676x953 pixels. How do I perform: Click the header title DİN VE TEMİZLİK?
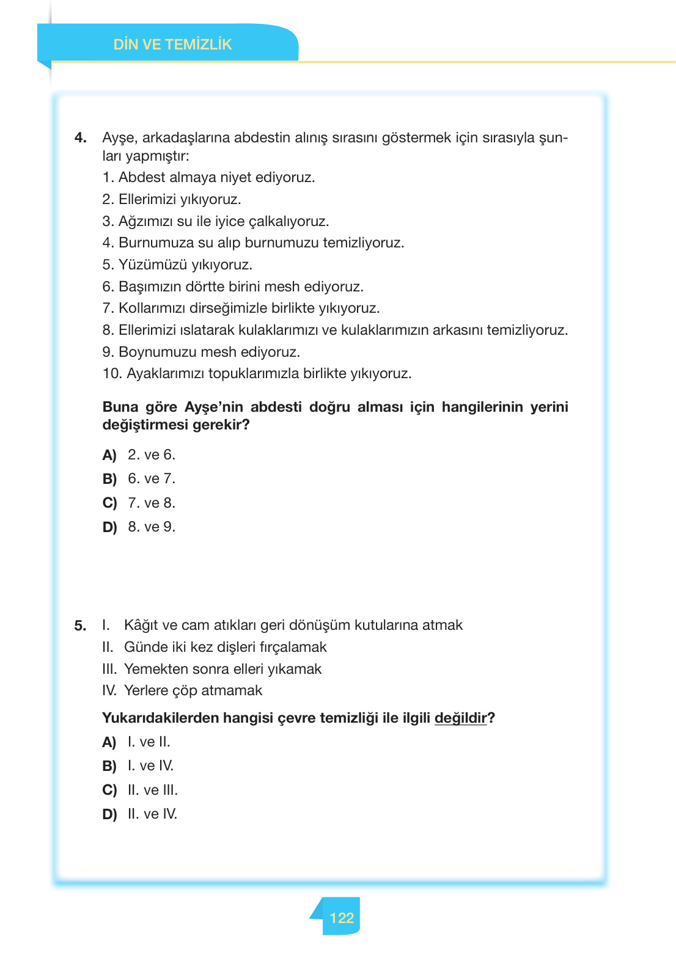point(172,45)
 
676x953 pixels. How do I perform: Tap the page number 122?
point(341,918)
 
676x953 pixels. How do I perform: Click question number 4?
point(81,137)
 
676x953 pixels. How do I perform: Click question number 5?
point(80,626)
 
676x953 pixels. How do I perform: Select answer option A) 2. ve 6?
point(139,455)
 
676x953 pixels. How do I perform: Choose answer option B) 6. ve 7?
point(139,479)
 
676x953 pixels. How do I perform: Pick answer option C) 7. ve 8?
point(139,503)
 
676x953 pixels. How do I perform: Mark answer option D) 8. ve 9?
point(139,527)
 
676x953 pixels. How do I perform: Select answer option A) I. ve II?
point(136,742)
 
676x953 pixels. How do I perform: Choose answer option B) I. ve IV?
point(138,766)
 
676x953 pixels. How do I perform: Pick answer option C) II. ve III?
point(140,790)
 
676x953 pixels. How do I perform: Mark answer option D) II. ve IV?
point(140,814)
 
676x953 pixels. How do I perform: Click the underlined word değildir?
point(460,718)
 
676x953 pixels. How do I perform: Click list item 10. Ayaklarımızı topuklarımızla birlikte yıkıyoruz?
point(257,373)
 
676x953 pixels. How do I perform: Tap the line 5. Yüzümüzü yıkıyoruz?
point(177,265)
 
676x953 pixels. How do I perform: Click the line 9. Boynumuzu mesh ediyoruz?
point(201,352)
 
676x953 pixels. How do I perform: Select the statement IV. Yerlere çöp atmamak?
point(182,690)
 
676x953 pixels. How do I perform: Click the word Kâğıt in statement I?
point(141,625)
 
